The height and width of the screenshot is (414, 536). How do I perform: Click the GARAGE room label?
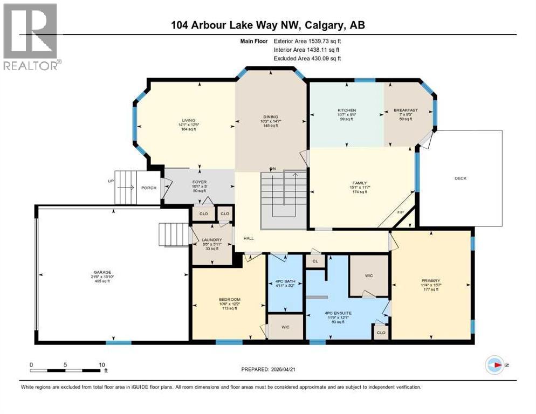tap(101, 272)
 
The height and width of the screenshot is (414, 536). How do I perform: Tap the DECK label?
tap(460, 178)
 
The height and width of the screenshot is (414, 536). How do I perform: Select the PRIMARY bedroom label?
tap(431, 280)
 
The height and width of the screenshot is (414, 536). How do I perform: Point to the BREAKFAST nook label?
tap(406, 111)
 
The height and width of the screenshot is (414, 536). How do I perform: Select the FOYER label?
tap(199, 182)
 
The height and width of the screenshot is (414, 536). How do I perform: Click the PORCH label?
tap(148, 188)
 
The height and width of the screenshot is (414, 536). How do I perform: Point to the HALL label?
tap(249, 238)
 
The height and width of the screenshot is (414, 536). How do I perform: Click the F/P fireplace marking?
tap(401, 212)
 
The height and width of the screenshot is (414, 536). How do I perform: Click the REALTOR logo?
tap(30, 37)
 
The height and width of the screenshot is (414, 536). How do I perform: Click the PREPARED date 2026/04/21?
tap(268, 369)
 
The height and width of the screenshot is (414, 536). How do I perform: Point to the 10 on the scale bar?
tap(101, 364)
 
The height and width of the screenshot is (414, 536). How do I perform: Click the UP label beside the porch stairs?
tap(111, 181)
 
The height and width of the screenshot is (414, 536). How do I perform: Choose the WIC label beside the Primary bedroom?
tap(369, 275)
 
